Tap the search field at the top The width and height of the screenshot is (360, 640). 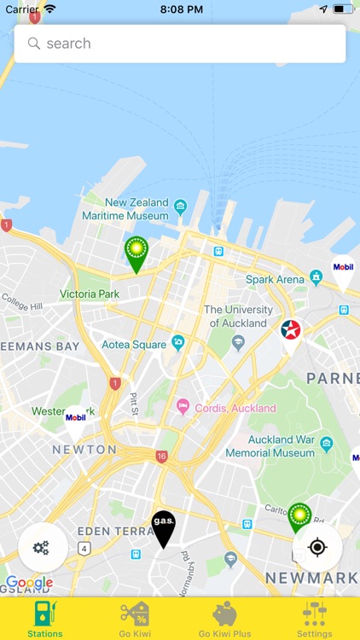click(x=179, y=44)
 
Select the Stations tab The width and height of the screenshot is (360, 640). click(x=44, y=619)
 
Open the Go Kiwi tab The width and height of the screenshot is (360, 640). click(x=134, y=619)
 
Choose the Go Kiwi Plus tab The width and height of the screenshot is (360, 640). click(x=224, y=619)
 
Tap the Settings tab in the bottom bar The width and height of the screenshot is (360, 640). click(x=314, y=619)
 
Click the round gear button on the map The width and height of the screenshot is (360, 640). click(x=42, y=547)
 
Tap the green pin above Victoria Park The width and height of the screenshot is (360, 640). click(x=136, y=252)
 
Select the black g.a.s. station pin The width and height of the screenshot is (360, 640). click(x=163, y=527)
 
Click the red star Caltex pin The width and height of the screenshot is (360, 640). click(x=291, y=332)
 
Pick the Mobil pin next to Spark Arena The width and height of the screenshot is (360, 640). click(x=343, y=269)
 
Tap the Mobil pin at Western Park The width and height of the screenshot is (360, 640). click(x=76, y=419)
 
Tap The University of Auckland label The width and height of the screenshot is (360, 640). click(x=238, y=317)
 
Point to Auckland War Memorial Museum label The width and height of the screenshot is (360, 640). click(x=270, y=447)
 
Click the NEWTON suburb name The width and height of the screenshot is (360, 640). click(x=84, y=449)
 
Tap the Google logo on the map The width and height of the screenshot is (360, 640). click(x=29, y=583)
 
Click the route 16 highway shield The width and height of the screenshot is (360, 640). click(x=161, y=457)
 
